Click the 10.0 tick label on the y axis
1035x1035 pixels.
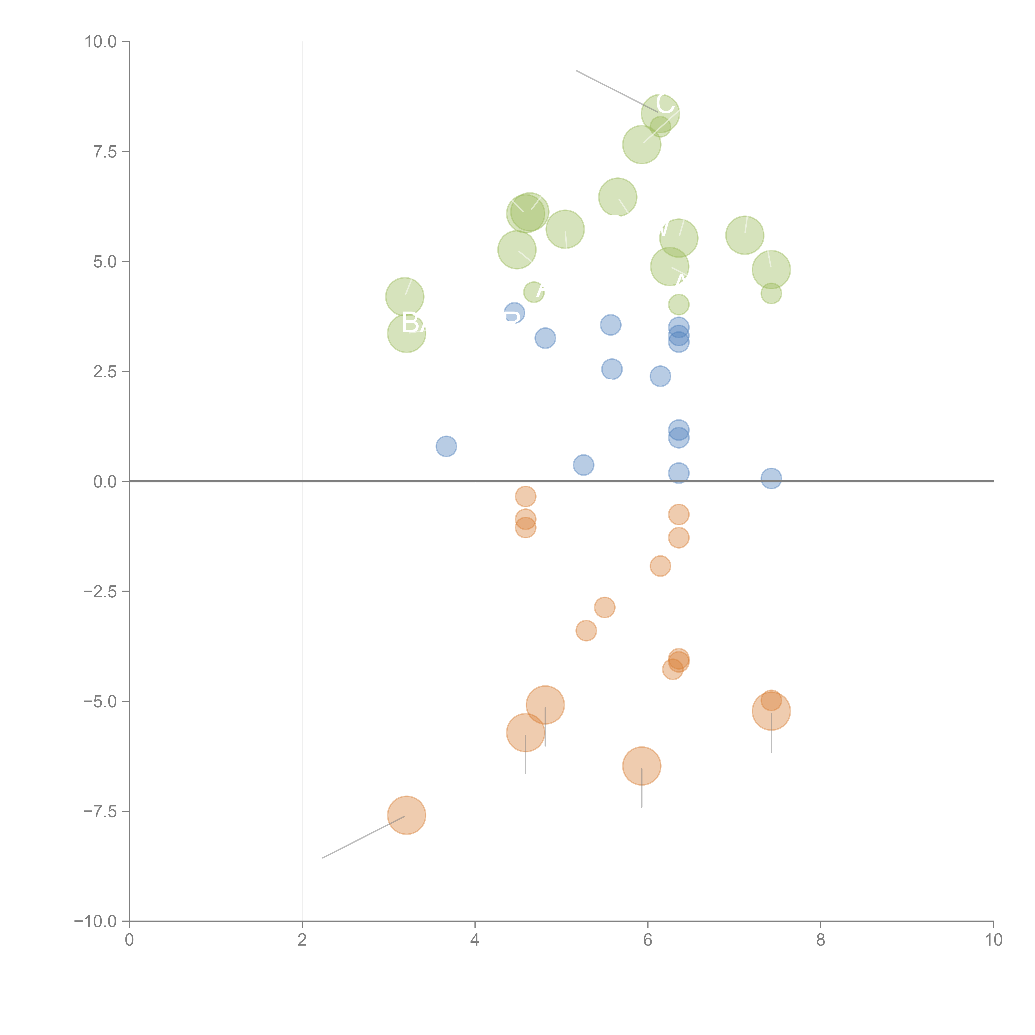point(101,42)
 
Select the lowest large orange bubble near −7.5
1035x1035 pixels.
point(407,815)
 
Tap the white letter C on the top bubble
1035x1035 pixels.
point(665,103)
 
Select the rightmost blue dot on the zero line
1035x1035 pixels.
point(771,478)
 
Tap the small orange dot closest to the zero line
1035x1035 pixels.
point(526,497)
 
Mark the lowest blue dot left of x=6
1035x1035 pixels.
point(583,465)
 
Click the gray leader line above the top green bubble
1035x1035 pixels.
point(616,91)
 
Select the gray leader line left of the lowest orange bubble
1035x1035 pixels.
point(363,837)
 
